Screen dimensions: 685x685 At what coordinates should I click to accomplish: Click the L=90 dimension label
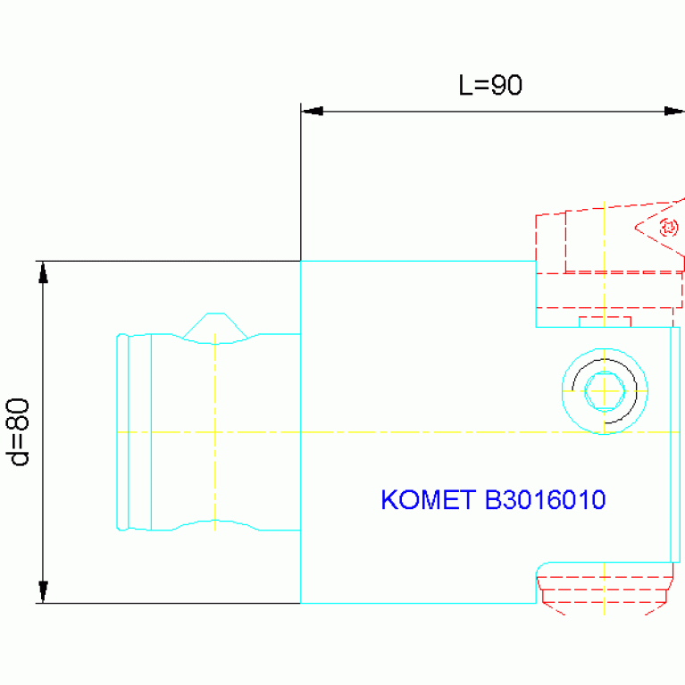[490, 85]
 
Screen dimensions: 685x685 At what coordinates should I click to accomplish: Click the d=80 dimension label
[18, 432]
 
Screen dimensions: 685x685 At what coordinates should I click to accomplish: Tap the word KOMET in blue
[428, 499]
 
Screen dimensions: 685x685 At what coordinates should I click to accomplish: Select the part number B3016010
[545, 499]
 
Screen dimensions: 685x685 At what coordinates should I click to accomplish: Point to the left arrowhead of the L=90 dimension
[313, 111]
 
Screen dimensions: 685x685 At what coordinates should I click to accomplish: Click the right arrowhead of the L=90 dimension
[673, 111]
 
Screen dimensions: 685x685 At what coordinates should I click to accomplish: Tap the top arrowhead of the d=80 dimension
[43, 272]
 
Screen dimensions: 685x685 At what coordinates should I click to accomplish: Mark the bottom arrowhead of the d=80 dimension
[43, 592]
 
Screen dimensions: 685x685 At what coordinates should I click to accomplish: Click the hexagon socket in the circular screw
[605, 391]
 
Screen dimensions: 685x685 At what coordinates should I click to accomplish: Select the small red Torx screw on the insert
[668, 227]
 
